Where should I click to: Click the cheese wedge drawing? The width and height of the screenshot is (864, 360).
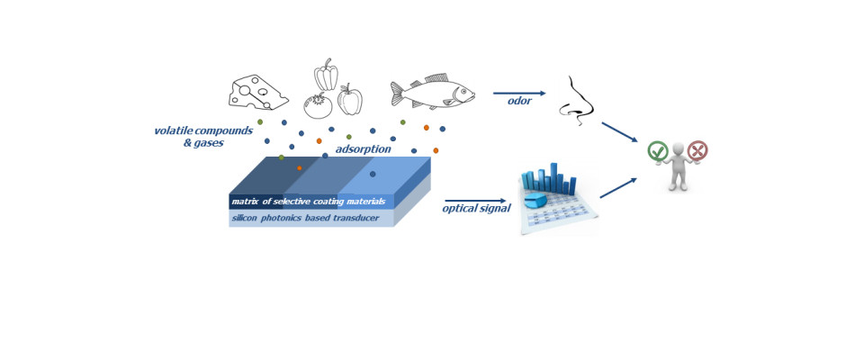tap(258, 93)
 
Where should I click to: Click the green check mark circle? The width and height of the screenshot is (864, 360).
tap(658, 151)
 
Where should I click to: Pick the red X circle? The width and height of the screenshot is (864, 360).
tap(697, 150)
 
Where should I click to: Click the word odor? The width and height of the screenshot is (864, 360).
tap(519, 102)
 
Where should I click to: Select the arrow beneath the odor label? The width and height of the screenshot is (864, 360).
tap(519, 93)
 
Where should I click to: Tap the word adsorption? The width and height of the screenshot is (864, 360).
tap(363, 148)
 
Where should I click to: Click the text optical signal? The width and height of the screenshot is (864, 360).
tap(476, 209)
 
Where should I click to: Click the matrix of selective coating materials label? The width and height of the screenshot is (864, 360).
tap(308, 201)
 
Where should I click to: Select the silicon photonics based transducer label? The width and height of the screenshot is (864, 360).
tap(308, 218)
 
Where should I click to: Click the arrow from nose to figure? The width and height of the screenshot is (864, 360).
tap(619, 131)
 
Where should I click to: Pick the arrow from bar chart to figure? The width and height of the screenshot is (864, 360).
tap(617, 188)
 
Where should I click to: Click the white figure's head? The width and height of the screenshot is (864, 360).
tap(678, 152)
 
